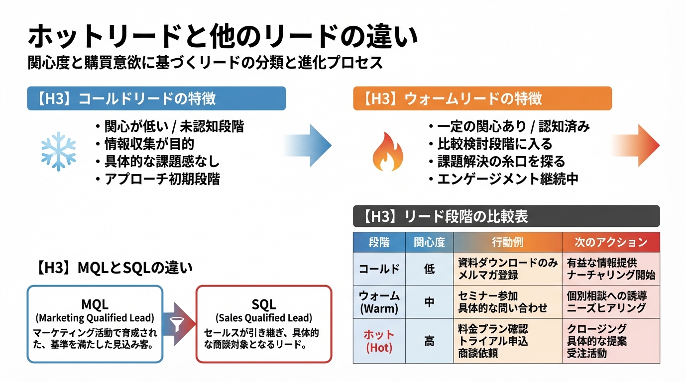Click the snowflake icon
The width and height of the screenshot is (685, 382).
(x=58, y=151)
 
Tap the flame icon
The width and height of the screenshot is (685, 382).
(x=388, y=152)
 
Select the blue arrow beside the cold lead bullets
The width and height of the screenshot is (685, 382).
(x=309, y=145)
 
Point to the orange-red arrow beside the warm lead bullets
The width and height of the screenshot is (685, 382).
(x=637, y=145)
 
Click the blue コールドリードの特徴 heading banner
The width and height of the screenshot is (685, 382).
(x=156, y=98)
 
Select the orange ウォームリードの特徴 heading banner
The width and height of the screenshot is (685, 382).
(x=482, y=98)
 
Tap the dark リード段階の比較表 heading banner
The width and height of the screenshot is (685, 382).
(x=506, y=216)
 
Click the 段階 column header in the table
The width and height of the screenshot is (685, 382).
(x=379, y=242)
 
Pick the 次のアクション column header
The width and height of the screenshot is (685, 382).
(x=611, y=242)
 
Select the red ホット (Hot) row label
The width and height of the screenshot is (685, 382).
(x=379, y=341)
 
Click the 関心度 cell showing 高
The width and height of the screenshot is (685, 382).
(x=429, y=341)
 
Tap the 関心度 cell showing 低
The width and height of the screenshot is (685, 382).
(x=429, y=269)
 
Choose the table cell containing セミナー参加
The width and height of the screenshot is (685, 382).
(x=507, y=301)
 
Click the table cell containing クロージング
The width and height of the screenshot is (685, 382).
(x=611, y=341)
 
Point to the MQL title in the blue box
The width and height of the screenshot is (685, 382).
(x=95, y=304)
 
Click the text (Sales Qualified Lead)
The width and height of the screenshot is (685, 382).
(x=264, y=317)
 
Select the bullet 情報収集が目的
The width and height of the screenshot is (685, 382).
(x=149, y=144)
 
